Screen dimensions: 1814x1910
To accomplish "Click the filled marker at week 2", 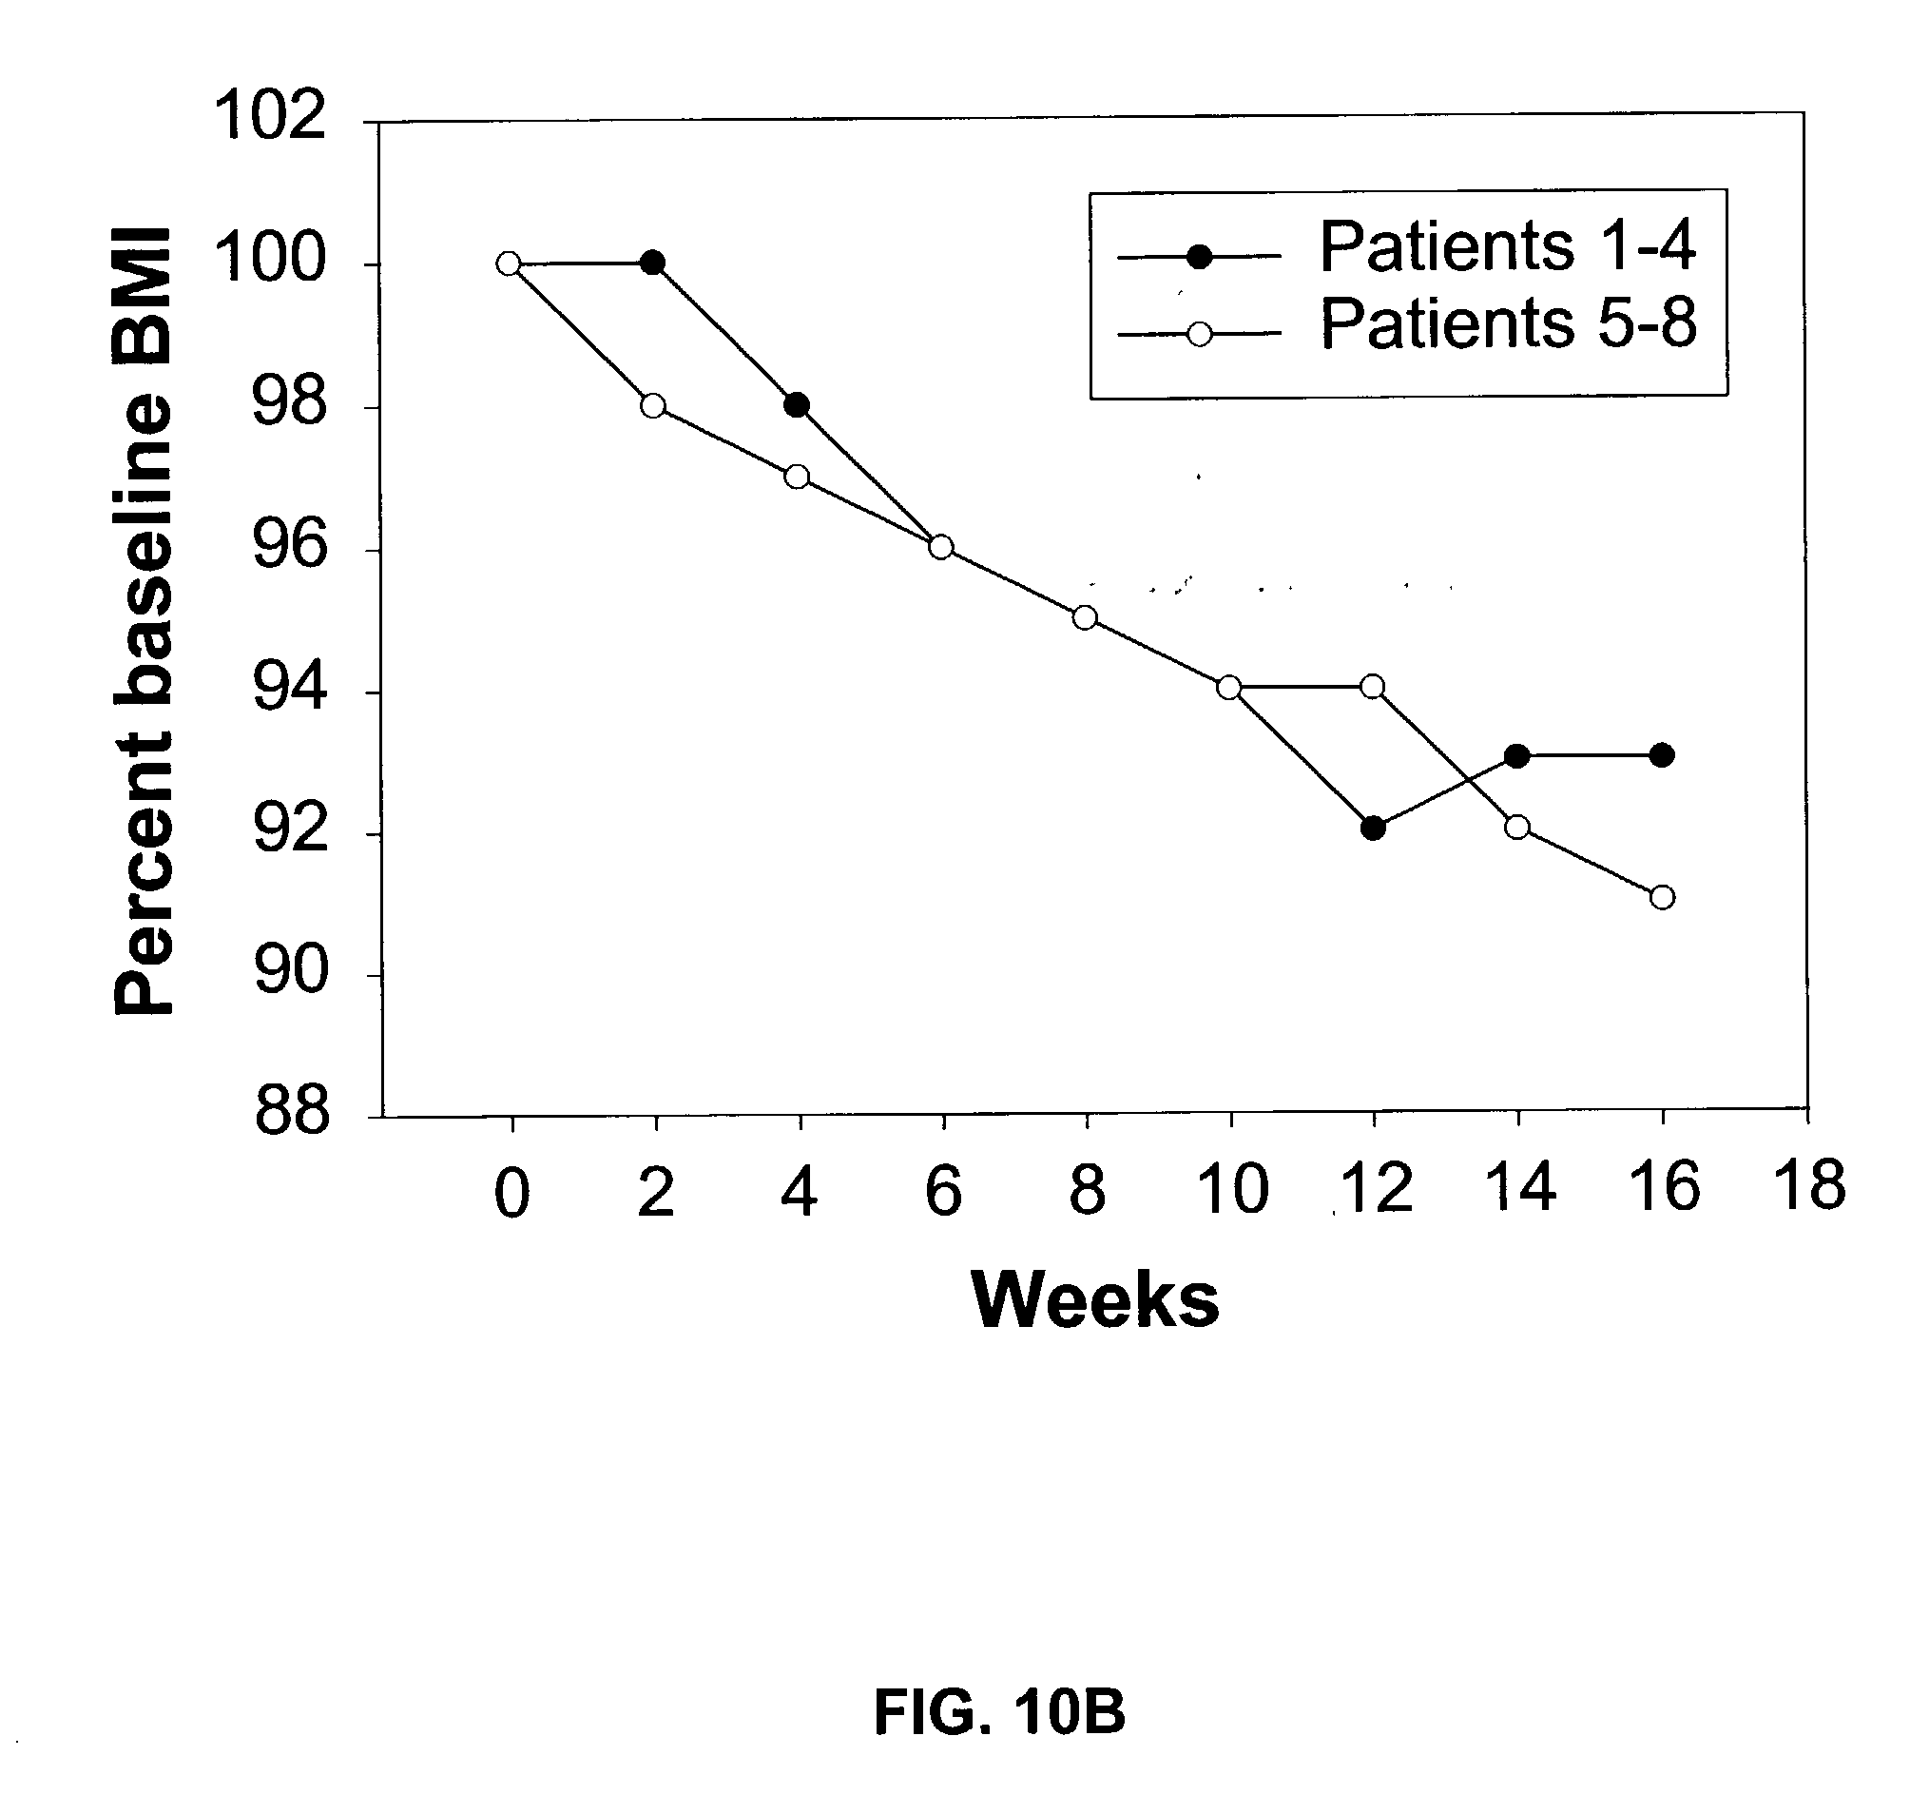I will pyautogui.click(x=652, y=262).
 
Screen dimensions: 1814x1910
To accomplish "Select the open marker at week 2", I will pyautogui.click(x=652, y=405).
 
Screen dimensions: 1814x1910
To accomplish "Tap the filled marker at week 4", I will pyautogui.click(x=797, y=404).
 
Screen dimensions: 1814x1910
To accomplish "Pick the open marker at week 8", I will pyautogui.click(x=1085, y=617).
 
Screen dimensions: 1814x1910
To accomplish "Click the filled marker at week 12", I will pyautogui.click(x=1373, y=828).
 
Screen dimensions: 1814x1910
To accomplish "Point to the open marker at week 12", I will pyautogui.click(x=1372, y=687).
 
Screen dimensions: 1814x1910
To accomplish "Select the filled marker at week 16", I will pyautogui.click(x=1662, y=755).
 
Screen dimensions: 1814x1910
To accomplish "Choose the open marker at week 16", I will pyautogui.click(x=1662, y=897).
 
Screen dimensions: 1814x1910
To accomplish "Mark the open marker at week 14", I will pyautogui.click(x=1516, y=827).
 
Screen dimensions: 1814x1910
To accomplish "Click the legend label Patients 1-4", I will pyautogui.click(x=1507, y=246).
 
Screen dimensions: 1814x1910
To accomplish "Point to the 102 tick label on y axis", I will pyautogui.click(x=269, y=116).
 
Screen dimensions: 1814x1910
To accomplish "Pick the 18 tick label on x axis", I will pyautogui.click(x=1808, y=1184).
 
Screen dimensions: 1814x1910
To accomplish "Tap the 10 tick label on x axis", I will pyautogui.click(x=1231, y=1188).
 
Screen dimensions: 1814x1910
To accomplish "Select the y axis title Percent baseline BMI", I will pyautogui.click(x=142, y=621).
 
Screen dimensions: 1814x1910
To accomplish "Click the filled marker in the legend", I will pyautogui.click(x=1200, y=257).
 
